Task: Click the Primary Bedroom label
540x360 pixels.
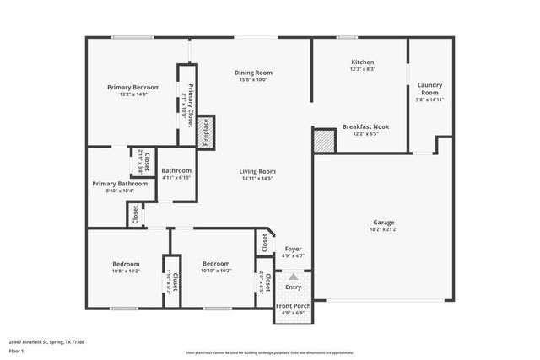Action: tap(133, 87)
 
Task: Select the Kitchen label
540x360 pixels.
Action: tap(363, 62)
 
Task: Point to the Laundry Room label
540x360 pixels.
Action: tap(430, 89)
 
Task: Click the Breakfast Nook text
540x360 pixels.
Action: tap(366, 126)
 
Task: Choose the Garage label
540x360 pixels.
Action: tap(384, 223)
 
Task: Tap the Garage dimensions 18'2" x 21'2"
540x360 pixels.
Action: tap(384, 229)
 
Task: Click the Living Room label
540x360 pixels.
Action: tap(259, 171)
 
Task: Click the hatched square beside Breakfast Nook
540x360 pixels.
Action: tap(323, 140)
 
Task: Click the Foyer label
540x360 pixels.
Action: tap(293, 249)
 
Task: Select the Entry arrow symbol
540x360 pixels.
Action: tap(293, 277)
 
